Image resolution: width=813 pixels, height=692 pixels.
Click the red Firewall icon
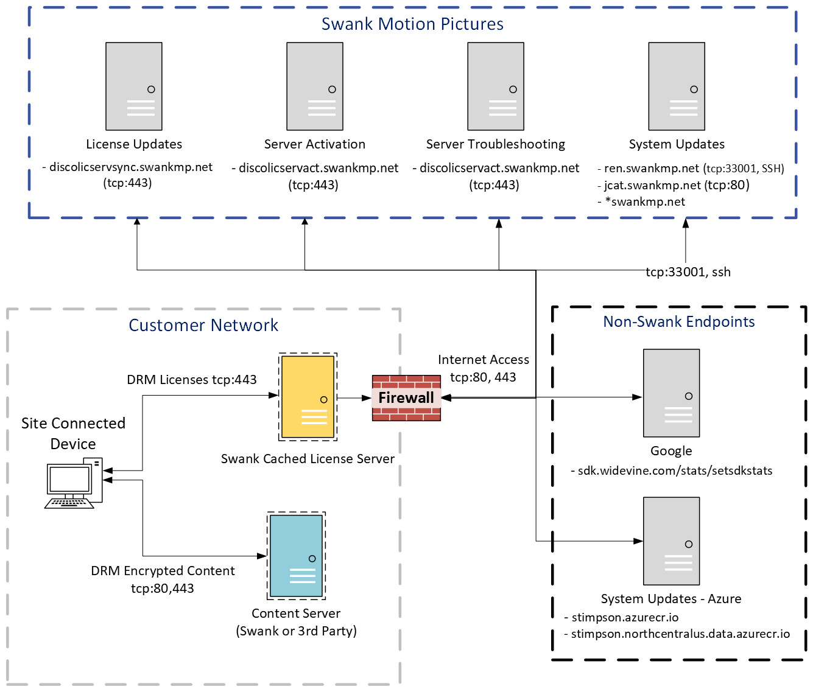click(x=406, y=398)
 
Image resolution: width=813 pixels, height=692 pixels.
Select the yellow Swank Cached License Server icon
click(x=308, y=397)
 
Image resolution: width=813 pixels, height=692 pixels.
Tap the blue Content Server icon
click(x=297, y=556)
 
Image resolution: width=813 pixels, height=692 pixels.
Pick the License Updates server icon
click(x=134, y=86)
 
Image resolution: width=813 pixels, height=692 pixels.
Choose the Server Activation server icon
click(x=315, y=86)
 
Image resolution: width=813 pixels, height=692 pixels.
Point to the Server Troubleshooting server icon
click(x=496, y=86)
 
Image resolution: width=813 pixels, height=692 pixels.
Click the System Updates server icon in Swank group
click(x=677, y=86)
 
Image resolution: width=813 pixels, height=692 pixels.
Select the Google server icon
click(x=671, y=393)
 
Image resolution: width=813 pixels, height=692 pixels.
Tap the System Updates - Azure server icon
click(x=671, y=541)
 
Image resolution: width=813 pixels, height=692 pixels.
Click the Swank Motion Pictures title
click(x=412, y=24)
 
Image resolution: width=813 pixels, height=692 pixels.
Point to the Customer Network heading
click(x=203, y=326)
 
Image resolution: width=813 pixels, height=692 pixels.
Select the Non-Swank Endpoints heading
click(x=679, y=322)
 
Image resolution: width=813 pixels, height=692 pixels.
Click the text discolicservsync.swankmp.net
click(x=131, y=167)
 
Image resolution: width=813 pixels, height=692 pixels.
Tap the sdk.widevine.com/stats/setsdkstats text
click(x=675, y=471)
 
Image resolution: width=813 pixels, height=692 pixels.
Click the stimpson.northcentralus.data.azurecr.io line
click(x=680, y=634)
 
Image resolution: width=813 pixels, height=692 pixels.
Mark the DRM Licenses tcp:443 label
click(x=192, y=380)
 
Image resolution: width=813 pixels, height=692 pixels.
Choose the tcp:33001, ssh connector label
click(x=688, y=272)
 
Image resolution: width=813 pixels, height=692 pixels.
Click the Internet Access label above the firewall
click(x=484, y=360)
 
